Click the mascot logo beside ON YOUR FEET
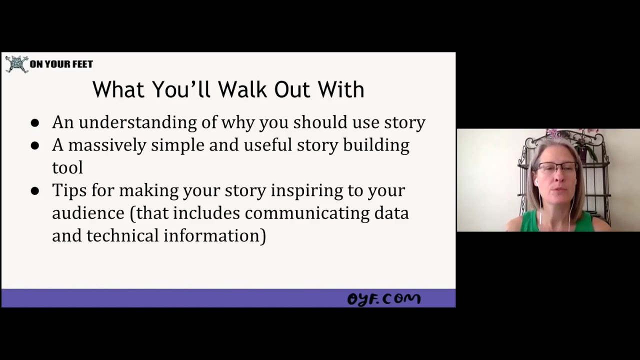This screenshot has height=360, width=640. (x=16, y=64)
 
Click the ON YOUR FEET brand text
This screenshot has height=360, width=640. (x=61, y=64)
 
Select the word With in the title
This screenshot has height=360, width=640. (x=340, y=89)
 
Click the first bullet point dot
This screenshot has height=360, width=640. (x=34, y=123)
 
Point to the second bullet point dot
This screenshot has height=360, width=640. (x=34, y=145)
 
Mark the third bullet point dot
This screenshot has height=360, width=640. (x=34, y=190)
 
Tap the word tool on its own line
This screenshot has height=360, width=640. (x=67, y=168)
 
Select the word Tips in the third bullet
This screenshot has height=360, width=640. (x=70, y=190)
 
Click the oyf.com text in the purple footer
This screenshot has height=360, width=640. (x=383, y=298)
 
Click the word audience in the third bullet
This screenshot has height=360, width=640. (x=88, y=213)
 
